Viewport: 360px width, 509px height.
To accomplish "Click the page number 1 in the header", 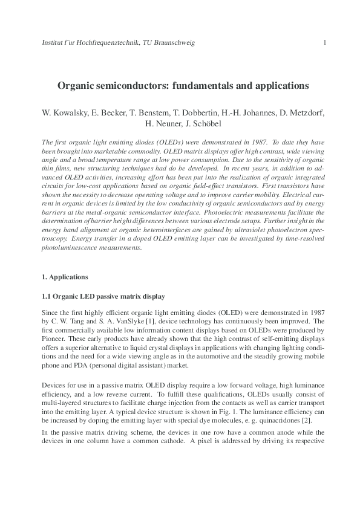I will [x=326, y=42].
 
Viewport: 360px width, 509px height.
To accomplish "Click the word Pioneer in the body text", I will [x=52, y=339].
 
